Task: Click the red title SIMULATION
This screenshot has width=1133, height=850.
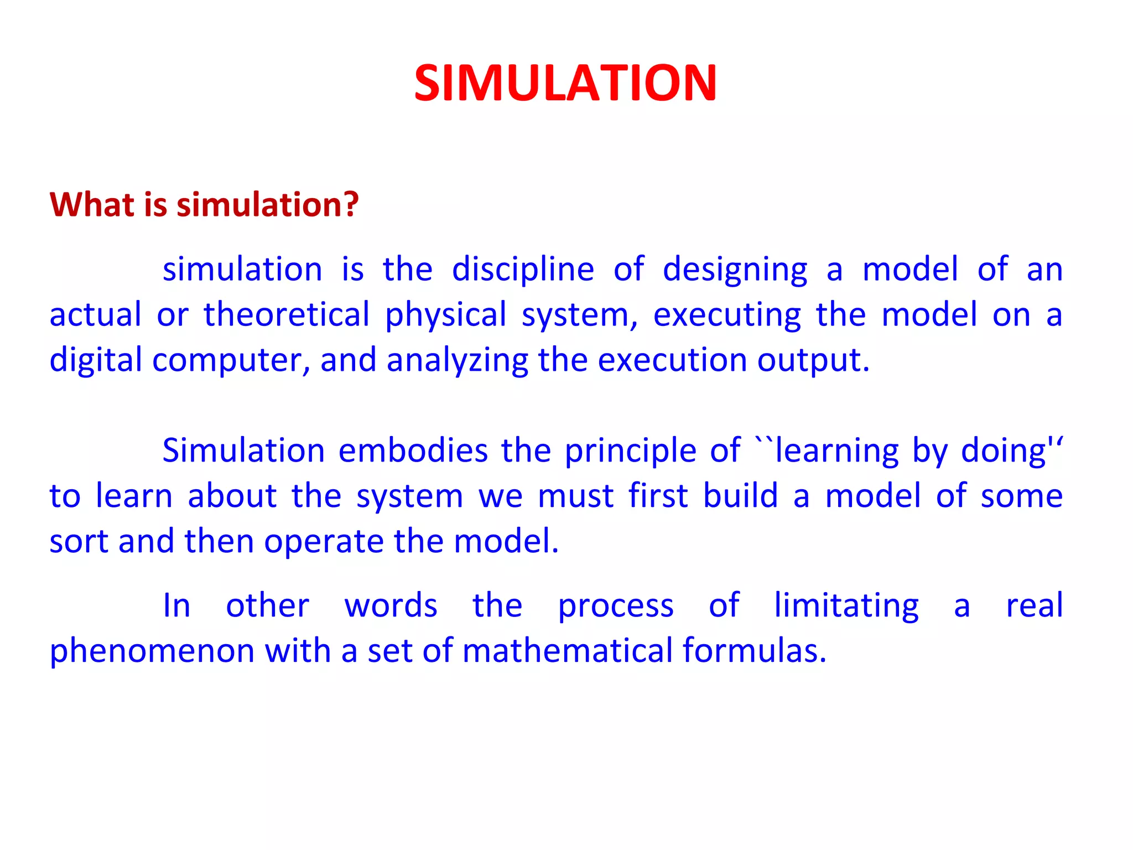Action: point(565,83)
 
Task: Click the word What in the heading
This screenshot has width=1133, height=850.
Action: point(92,204)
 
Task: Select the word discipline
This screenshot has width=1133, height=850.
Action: point(523,270)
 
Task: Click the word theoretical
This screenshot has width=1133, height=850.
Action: point(287,315)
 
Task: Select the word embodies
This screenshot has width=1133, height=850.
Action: point(413,450)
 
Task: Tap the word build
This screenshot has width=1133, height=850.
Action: point(740,495)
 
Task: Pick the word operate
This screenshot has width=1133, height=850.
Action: point(324,541)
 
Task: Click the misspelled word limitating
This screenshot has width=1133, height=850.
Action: point(846,606)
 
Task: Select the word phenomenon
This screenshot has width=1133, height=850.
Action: point(151,651)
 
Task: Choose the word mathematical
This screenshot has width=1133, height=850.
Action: point(567,650)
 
